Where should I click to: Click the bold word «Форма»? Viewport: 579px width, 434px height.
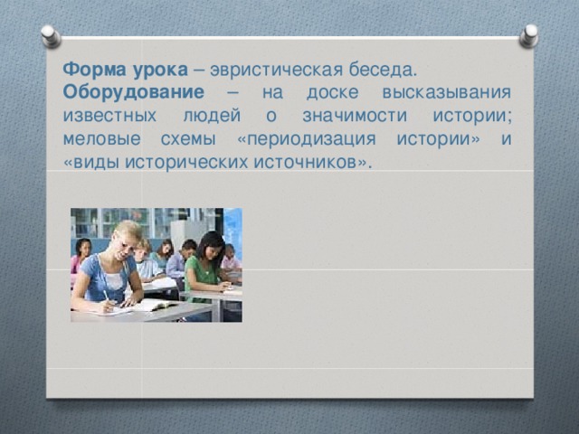click(90, 69)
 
